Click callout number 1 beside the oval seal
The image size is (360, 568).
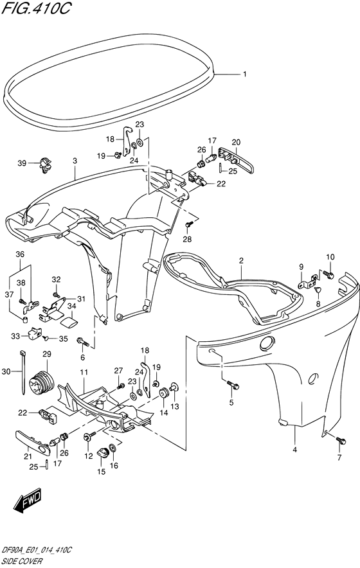(x=245, y=75)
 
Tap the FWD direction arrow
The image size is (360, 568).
(x=28, y=502)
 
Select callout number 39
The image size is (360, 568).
(x=22, y=163)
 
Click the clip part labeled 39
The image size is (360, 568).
(x=45, y=164)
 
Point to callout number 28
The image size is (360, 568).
(x=188, y=239)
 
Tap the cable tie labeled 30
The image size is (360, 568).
(x=23, y=372)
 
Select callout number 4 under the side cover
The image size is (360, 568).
(x=294, y=450)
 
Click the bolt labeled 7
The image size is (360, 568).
(x=341, y=440)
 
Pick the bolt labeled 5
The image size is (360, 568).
(x=232, y=385)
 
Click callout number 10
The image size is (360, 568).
(x=330, y=258)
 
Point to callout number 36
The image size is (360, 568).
(x=20, y=254)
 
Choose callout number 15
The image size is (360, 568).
(x=101, y=472)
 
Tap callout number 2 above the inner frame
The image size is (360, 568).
(x=241, y=260)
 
